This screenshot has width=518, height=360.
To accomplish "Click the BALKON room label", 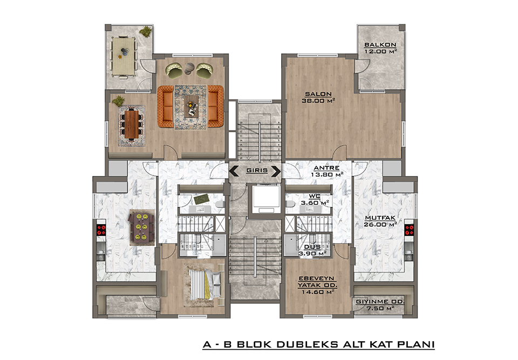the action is [380, 44].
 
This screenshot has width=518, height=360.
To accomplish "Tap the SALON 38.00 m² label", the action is [318, 97].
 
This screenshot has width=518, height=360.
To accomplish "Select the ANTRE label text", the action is [326, 168].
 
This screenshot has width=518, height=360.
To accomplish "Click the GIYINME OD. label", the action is [380, 302].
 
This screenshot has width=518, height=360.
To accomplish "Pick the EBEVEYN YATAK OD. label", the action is [317, 282].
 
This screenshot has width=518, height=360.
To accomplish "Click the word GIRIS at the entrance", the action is [257, 171].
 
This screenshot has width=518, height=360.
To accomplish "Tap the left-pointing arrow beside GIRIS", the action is [234, 171].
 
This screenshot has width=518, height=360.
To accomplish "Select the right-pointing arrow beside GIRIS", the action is [276, 171].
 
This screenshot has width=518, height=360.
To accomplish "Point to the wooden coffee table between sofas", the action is [191, 106].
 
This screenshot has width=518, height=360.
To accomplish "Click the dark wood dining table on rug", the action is [132, 124].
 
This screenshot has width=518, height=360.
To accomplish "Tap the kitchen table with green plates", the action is [142, 227].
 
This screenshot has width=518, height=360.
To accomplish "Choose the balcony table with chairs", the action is [124, 56].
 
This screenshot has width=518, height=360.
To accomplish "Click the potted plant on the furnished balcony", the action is [145, 31].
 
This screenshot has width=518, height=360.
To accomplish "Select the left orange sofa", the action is [166, 106].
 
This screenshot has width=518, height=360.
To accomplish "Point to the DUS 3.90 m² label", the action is [312, 250].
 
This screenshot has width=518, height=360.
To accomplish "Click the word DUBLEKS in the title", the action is [307, 344].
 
